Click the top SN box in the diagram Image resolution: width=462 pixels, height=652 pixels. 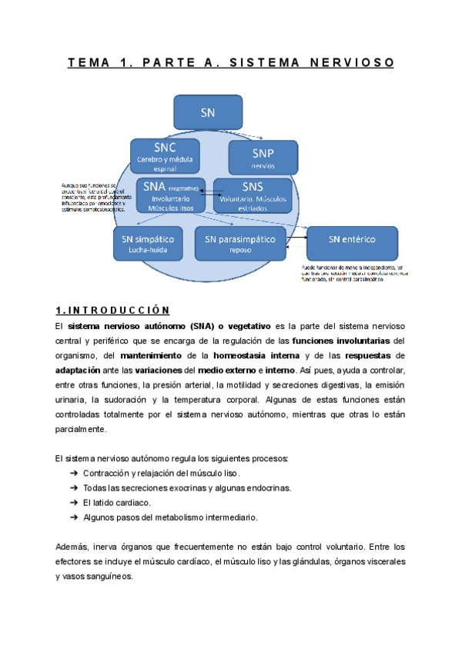point(207,112)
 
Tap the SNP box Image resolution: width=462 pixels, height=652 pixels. point(263,158)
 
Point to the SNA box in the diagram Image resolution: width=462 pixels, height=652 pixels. point(170,196)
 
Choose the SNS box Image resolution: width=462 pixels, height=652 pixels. point(253,196)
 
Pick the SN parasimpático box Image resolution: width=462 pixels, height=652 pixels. point(239,243)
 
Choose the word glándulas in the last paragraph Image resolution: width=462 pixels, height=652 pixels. point(316,561)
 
